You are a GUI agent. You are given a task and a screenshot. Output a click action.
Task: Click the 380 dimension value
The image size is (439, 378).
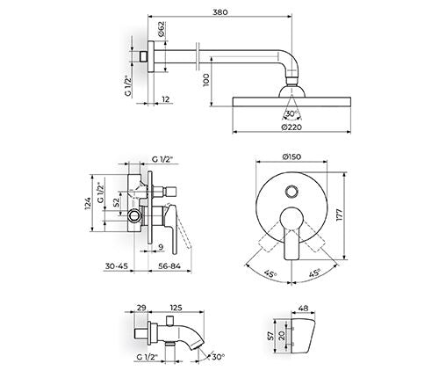point(220,12)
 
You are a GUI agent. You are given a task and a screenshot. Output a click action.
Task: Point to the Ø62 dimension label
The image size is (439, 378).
point(162,29)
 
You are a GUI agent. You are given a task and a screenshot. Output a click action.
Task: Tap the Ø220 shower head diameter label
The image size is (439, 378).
point(291,127)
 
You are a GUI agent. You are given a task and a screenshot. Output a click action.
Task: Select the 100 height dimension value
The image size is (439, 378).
point(206,80)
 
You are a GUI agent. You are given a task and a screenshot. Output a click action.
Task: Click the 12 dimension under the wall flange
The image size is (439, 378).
point(166,99)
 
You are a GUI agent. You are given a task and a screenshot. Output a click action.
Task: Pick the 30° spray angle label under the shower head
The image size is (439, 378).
point(291,113)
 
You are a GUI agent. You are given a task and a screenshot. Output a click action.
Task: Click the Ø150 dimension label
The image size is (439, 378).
point(291,156)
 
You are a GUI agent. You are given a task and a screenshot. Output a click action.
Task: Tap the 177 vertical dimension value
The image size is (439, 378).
point(339,216)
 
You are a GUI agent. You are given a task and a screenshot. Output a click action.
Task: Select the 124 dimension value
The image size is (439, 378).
point(88,203)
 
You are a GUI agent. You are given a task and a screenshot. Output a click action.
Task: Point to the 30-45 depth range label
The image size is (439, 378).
point(117,266)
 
